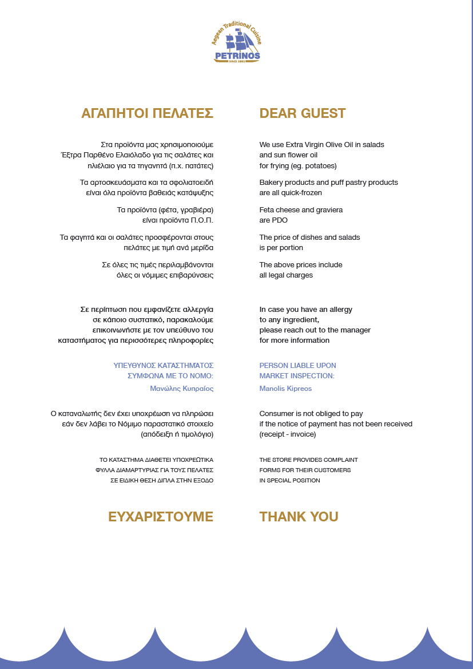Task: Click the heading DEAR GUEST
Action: [303, 113]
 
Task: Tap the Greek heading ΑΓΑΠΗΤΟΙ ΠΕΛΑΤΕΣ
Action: [148, 113]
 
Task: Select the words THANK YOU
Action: [299, 517]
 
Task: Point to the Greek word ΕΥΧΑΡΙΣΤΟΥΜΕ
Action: [161, 517]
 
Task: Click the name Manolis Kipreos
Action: [285, 389]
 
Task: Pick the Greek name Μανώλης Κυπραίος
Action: [181, 389]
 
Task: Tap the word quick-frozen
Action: [301, 193]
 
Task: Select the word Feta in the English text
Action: [267, 210]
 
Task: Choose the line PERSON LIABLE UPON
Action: [297, 366]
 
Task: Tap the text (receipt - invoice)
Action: [287, 434]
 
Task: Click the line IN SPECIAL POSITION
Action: [289, 481]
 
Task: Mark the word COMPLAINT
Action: [341, 460]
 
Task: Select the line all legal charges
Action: [286, 275]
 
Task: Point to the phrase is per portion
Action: [281, 248]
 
